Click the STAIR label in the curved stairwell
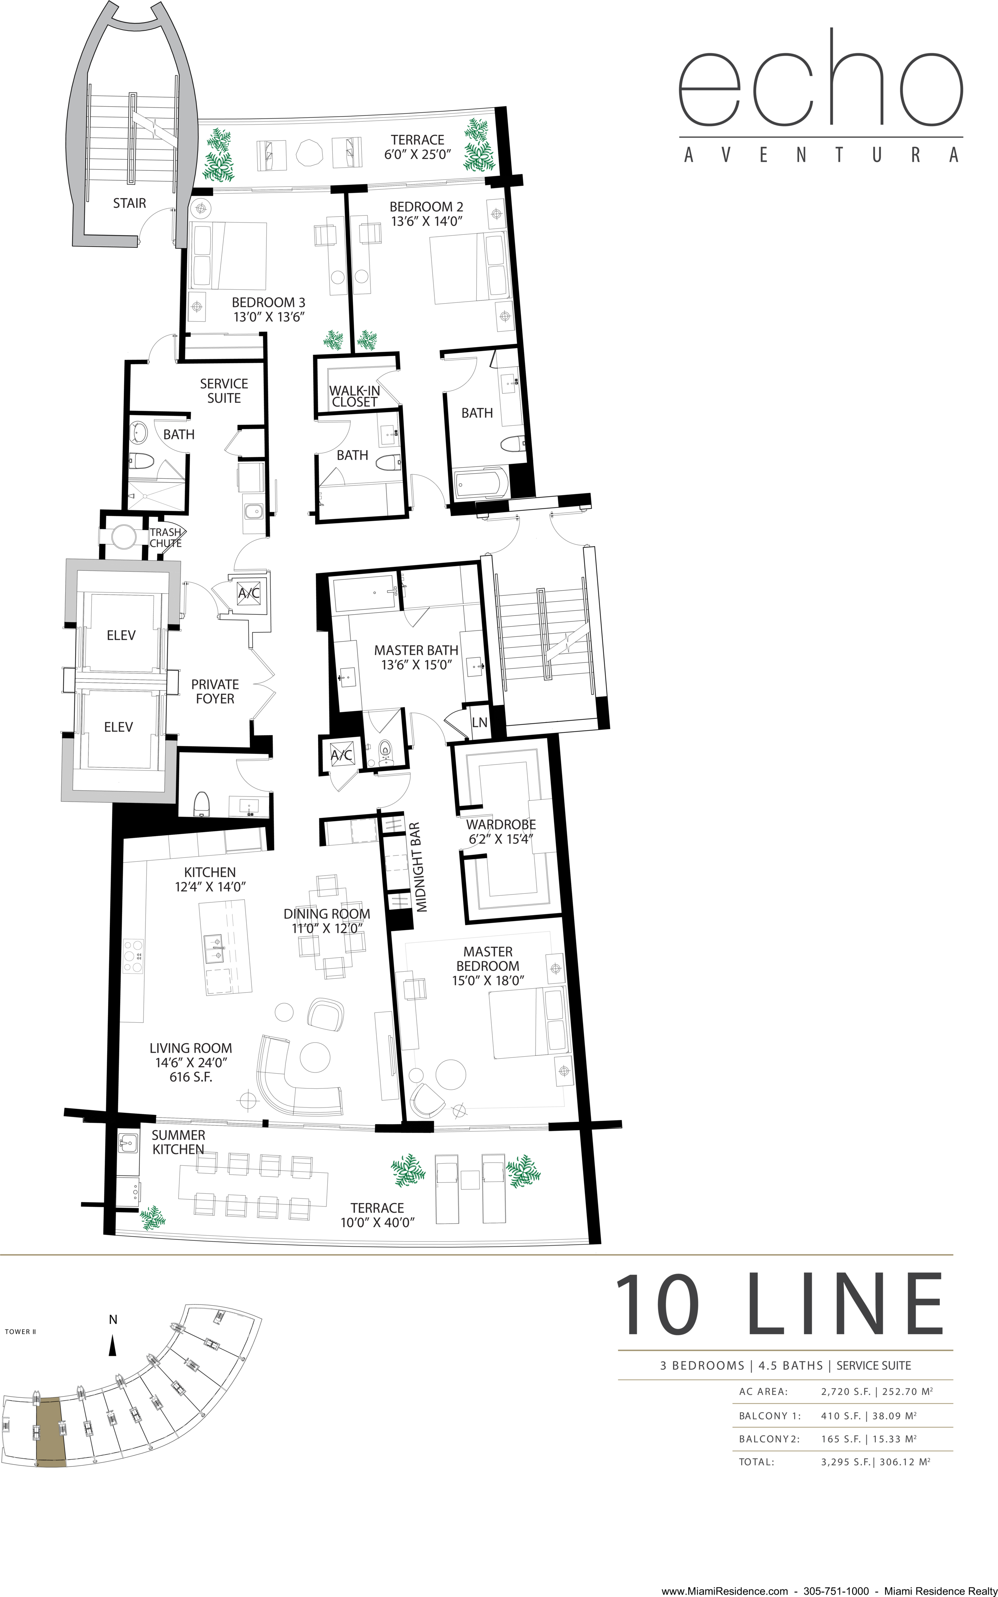129,203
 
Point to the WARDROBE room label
501,824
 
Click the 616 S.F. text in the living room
191,1077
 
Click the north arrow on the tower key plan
113,1345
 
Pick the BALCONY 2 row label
769,1438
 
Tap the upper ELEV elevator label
121,636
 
